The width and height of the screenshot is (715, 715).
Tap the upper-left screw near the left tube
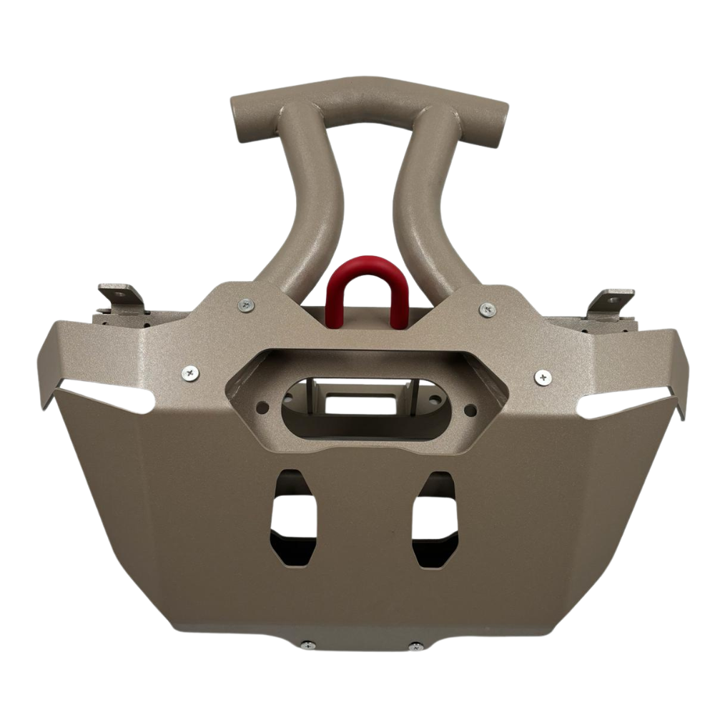[246, 305]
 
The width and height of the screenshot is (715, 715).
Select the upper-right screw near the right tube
[488, 310]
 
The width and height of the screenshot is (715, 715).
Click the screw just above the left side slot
[190, 372]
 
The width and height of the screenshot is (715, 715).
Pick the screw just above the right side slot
[543, 375]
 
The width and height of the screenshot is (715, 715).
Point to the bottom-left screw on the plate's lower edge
[307, 646]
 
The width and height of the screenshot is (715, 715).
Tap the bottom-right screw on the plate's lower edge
[415, 647]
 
